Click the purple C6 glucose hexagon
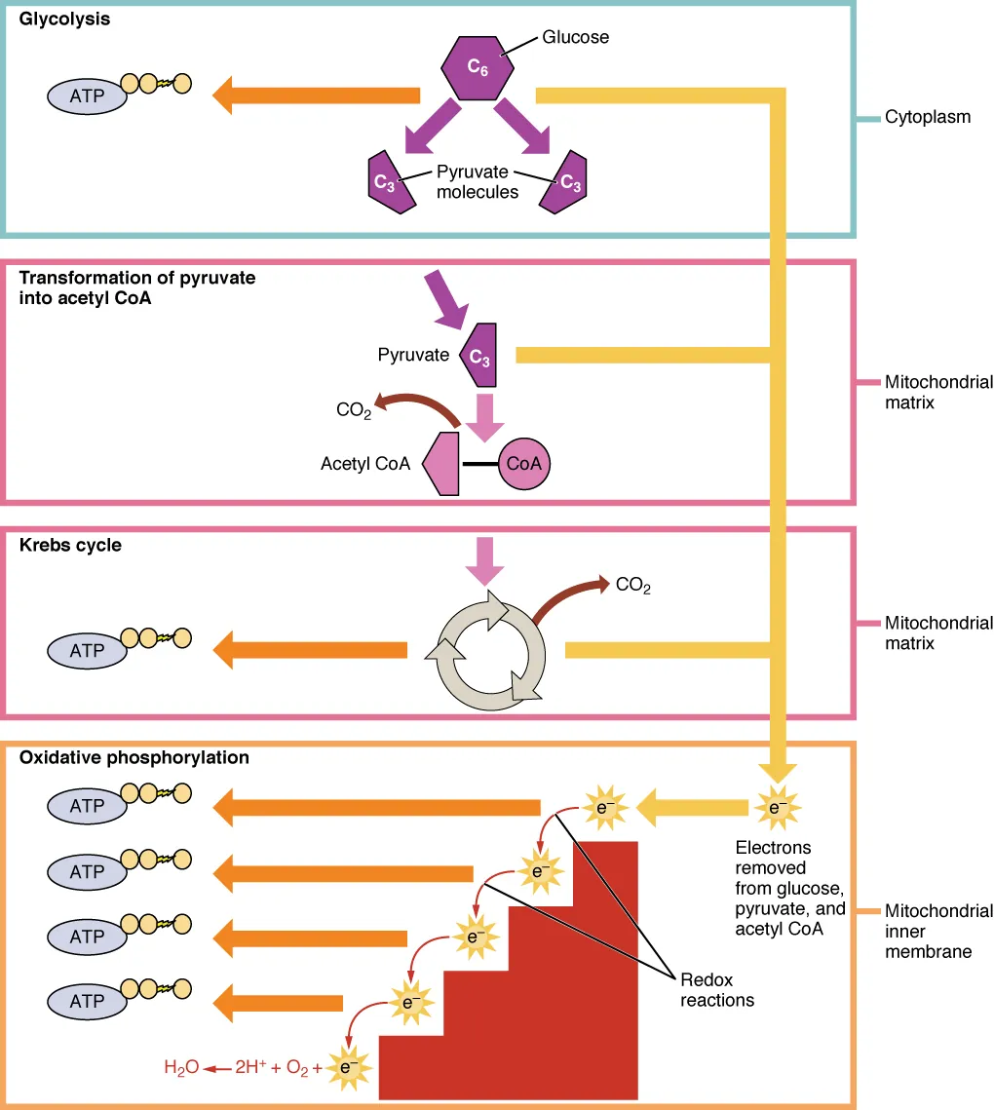477,67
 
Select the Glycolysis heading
64,19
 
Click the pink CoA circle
523,464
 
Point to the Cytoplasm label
927,117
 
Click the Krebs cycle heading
70,545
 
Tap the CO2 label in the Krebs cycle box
632,586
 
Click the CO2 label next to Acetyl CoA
354,410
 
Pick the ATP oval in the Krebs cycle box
87,650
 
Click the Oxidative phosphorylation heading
134,757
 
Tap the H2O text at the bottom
179,1068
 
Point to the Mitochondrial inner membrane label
937,931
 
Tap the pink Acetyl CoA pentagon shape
441,465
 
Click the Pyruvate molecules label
477,182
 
